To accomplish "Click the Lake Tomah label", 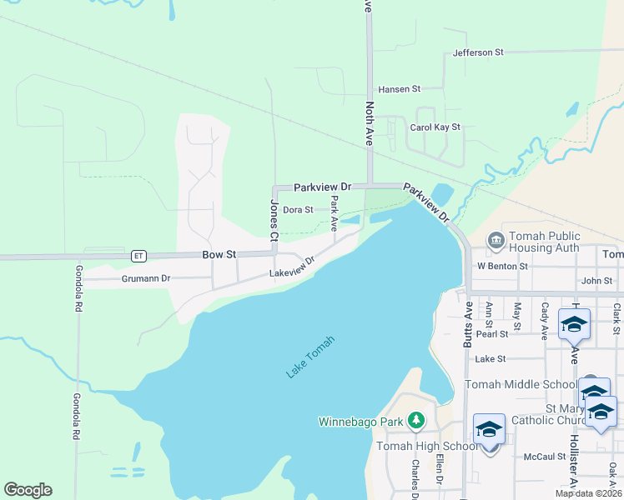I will click(x=311, y=357).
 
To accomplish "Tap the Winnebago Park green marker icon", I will click(x=416, y=421).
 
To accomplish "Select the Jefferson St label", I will click(x=478, y=52).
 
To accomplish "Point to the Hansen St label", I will click(x=400, y=88).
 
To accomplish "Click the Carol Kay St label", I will click(x=435, y=127).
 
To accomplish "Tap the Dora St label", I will click(x=298, y=210).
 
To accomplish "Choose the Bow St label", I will click(x=219, y=254).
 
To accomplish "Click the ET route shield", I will click(x=138, y=255).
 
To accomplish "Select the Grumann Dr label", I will click(x=145, y=278).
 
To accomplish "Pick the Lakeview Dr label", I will click(x=292, y=267).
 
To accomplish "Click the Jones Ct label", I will click(x=273, y=222).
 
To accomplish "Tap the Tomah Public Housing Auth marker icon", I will click(x=496, y=241).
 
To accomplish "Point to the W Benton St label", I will click(x=502, y=267).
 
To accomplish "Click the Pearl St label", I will click(x=492, y=334).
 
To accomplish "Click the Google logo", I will click(x=28, y=490).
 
